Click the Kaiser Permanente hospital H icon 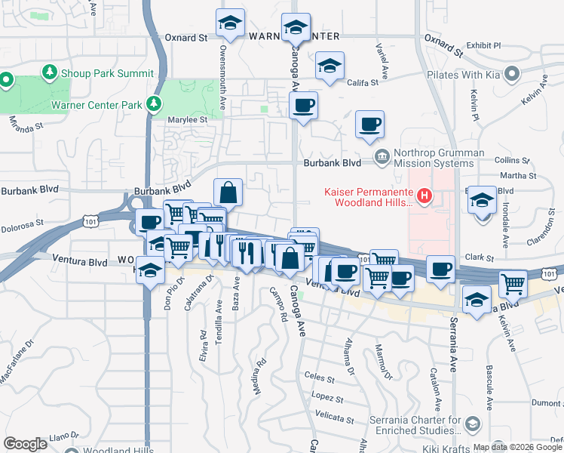tap(425, 197)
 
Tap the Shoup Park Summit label tap(106, 73)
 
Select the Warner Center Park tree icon tap(155, 103)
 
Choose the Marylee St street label tap(188, 119)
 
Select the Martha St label tap(523, 175)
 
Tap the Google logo tap(26, 444)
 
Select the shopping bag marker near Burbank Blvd tap(228, 193)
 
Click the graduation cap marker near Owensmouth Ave tap(230, 23)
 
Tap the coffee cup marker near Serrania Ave tap(440, 268)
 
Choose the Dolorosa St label tap(22, 223)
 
